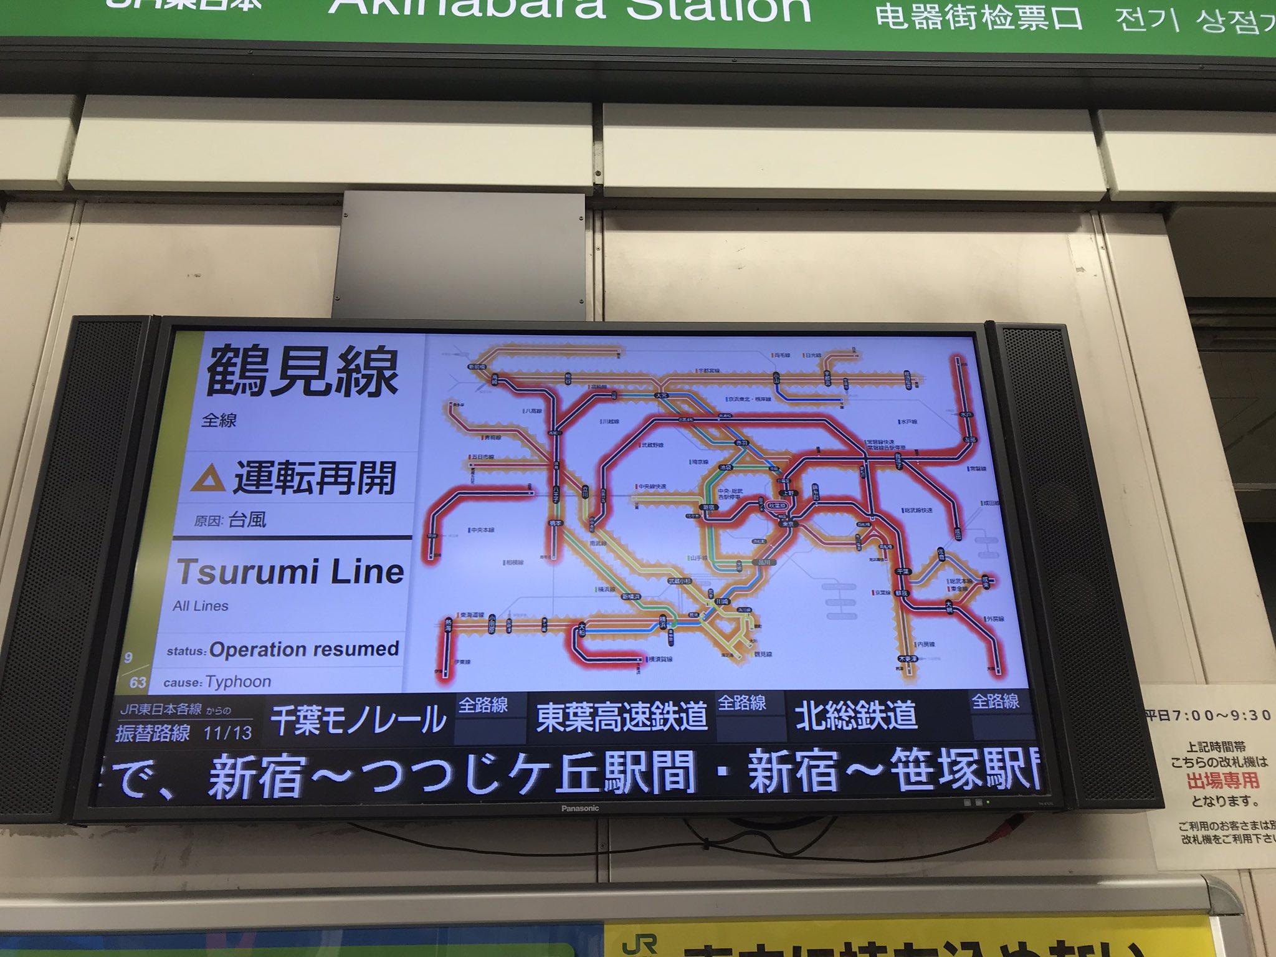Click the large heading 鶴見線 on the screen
tap(302, 372)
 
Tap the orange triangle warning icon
tap(208, 478)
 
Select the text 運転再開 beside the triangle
tap(315, 478)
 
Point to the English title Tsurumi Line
tap(290, 572)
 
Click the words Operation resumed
tap(304, 649)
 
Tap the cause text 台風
tap(247, 519)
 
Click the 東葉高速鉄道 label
tap(621, 717)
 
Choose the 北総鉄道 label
tap(855, 715)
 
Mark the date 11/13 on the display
tap(227, 733)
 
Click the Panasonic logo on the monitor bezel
tap(579, 808)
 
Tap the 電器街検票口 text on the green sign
tap(979, 17)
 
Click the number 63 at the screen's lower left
tap(138, 682)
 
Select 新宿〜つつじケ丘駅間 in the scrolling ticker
tap(451, 774)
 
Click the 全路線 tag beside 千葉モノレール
tap(483, 706)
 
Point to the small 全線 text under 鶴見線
tap(219, 421)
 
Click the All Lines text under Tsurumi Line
tap(201, 606)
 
